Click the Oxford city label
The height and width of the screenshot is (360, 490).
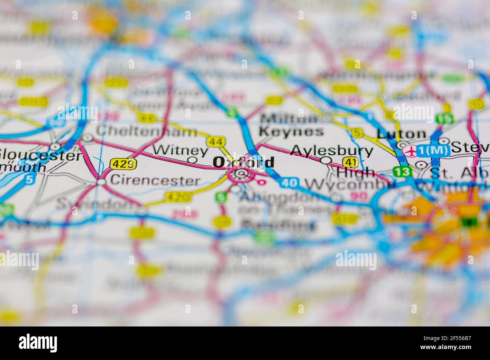point(243,162)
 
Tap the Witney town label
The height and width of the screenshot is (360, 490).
point(181,150)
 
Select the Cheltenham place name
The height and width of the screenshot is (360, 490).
point(146,131)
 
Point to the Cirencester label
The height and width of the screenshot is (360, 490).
point(155,181)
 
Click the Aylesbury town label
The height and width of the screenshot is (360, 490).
point(332,151)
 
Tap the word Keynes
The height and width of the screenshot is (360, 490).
point(291,131)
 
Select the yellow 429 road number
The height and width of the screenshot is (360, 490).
point(123,164)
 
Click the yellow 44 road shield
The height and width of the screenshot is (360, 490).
point(216,142)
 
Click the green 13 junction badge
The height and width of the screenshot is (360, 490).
point(400,172)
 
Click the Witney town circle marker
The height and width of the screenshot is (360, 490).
point(192,160)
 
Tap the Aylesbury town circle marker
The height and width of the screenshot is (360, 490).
point(326,160)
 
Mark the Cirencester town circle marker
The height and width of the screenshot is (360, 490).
point(101,182)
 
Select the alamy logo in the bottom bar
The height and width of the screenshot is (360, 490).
point(38,343)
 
